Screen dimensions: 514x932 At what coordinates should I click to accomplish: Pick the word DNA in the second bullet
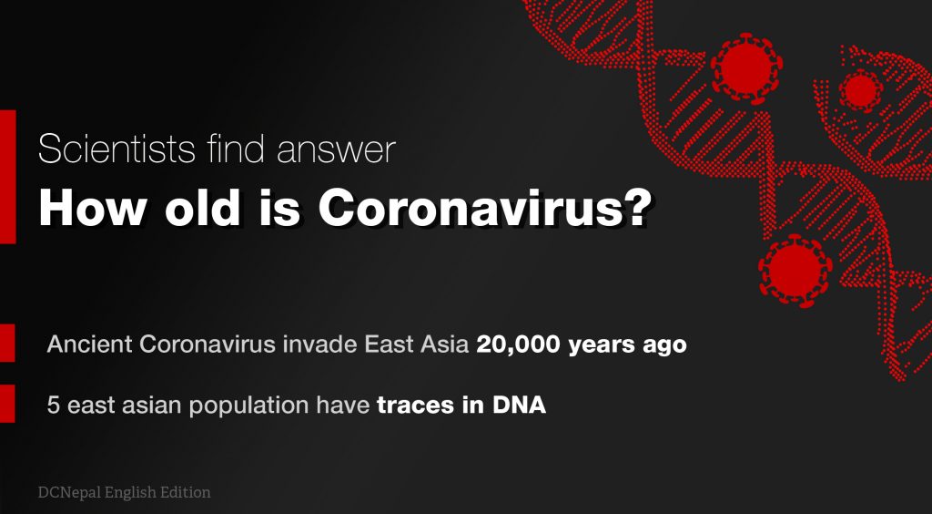click(519, 406)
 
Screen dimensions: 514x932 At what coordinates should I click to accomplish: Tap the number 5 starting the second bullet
click(53, 406)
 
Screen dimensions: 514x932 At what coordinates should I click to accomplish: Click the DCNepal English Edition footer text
click(124, 492)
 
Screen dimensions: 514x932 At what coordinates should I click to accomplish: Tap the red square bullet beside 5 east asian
click(7, 404)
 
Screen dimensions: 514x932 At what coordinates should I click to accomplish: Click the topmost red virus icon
click(746, 67)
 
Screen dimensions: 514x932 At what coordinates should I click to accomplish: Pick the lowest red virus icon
click(795, 270)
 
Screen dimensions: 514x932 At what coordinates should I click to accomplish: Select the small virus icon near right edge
click(859, 89)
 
